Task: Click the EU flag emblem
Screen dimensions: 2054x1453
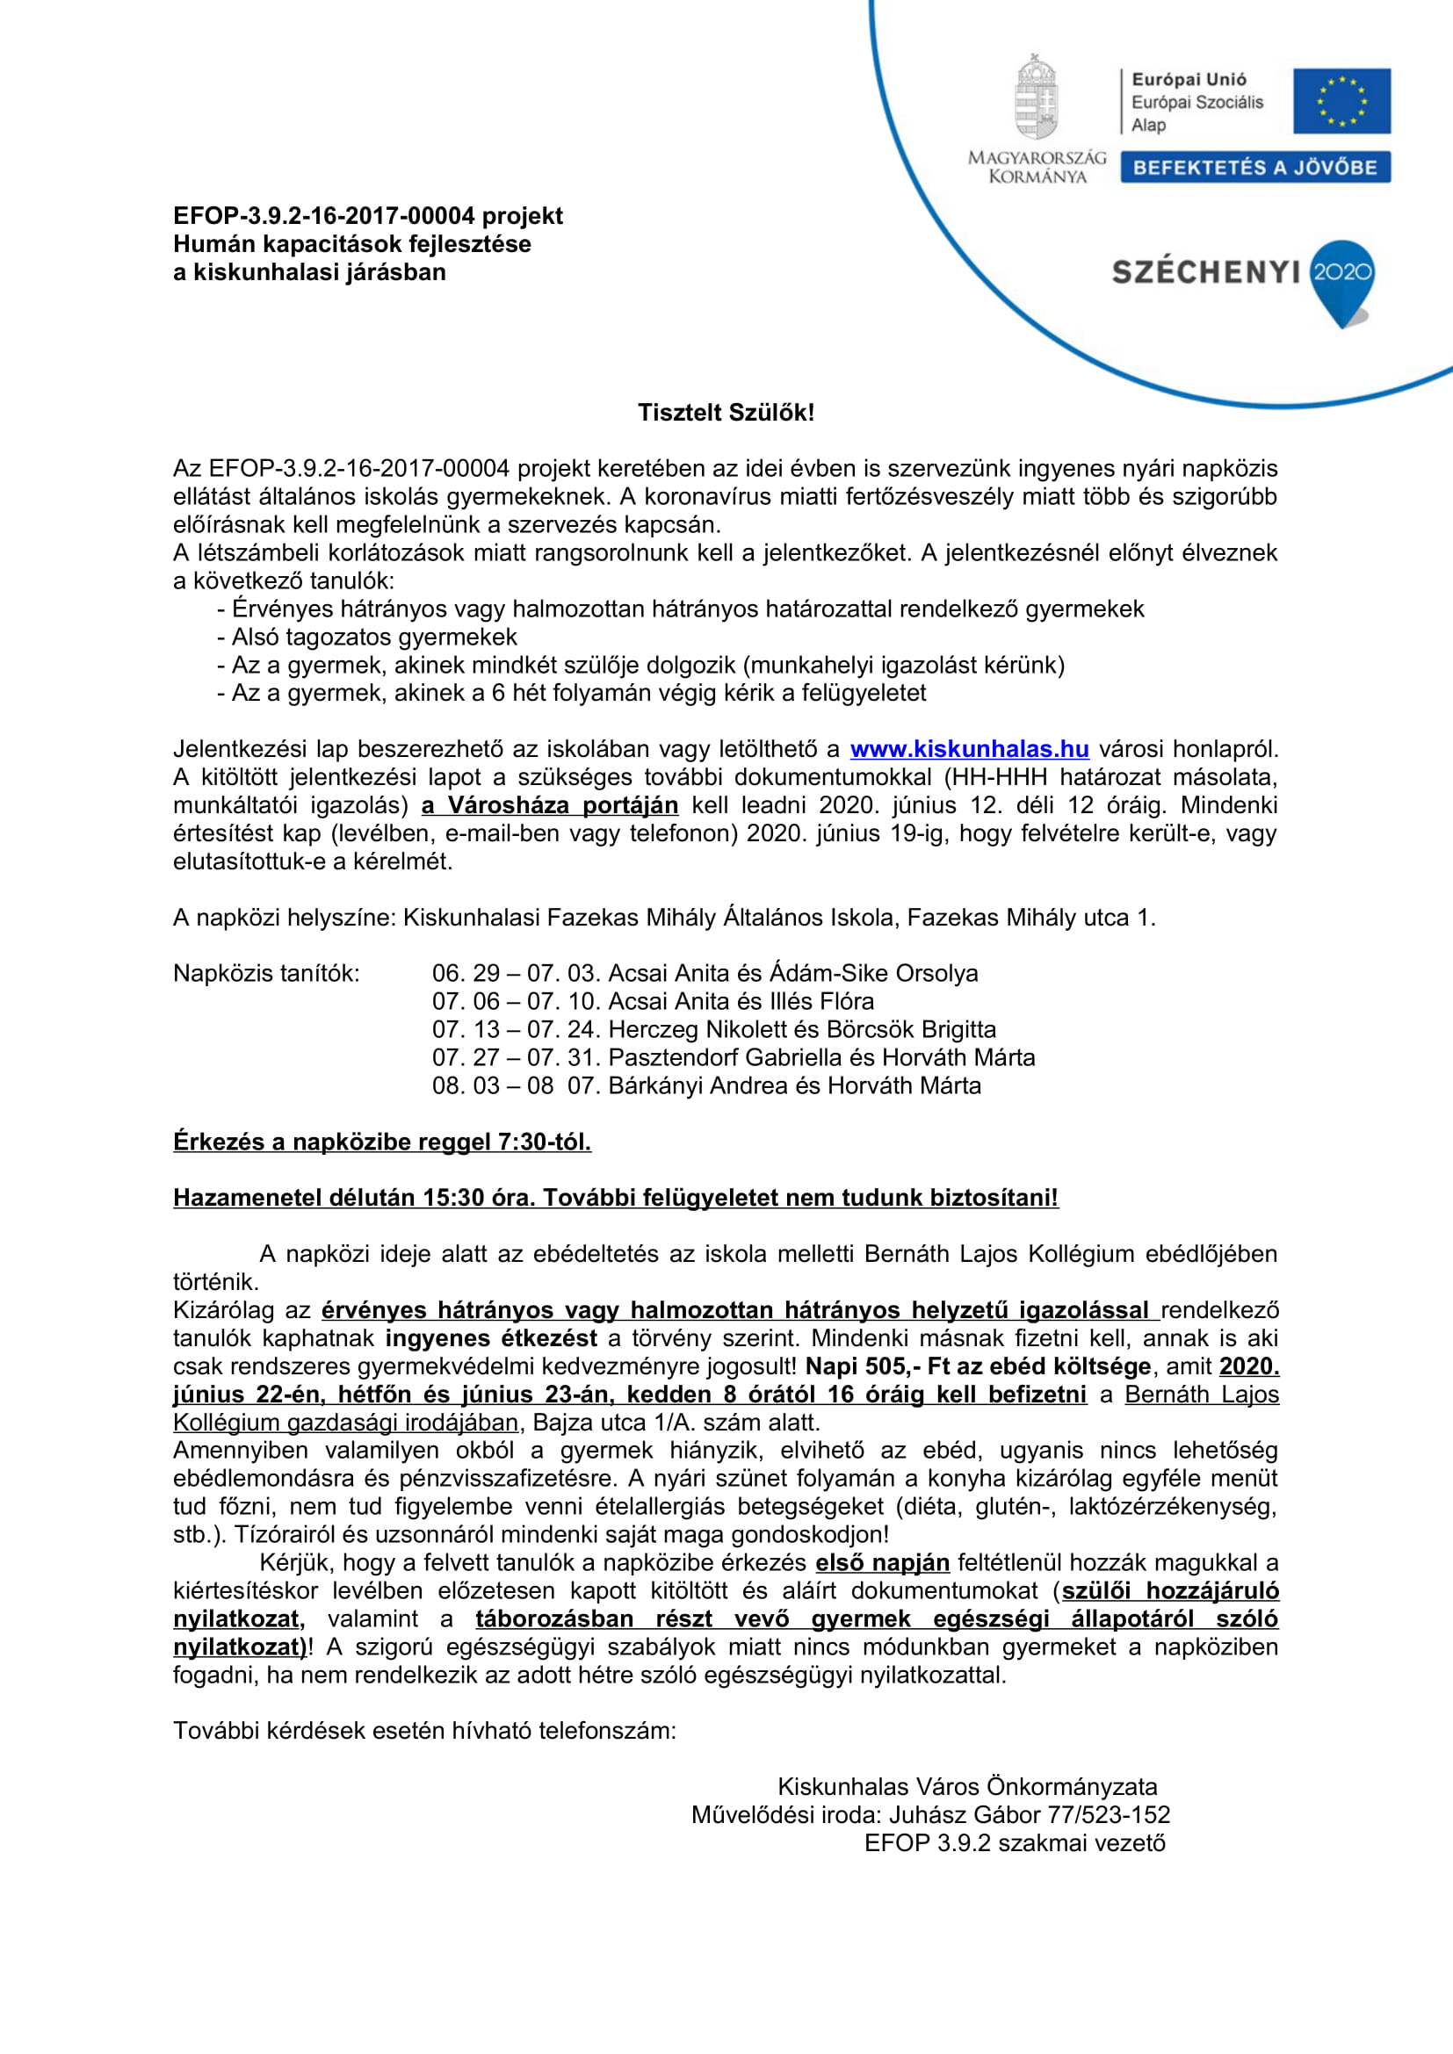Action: coord(1341,101)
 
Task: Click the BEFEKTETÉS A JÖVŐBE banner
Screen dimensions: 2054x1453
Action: coord(1254,168)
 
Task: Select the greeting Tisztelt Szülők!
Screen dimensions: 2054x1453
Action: coord(726,413)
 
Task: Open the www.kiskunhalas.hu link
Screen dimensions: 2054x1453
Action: coord(969,749)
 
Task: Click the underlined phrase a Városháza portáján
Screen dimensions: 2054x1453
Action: coord(549,805)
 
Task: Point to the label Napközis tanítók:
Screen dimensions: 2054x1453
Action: coord(265,973)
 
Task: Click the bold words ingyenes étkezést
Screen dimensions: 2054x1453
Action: coord(491,1338)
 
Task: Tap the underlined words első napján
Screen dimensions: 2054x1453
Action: coord(881,1563)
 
